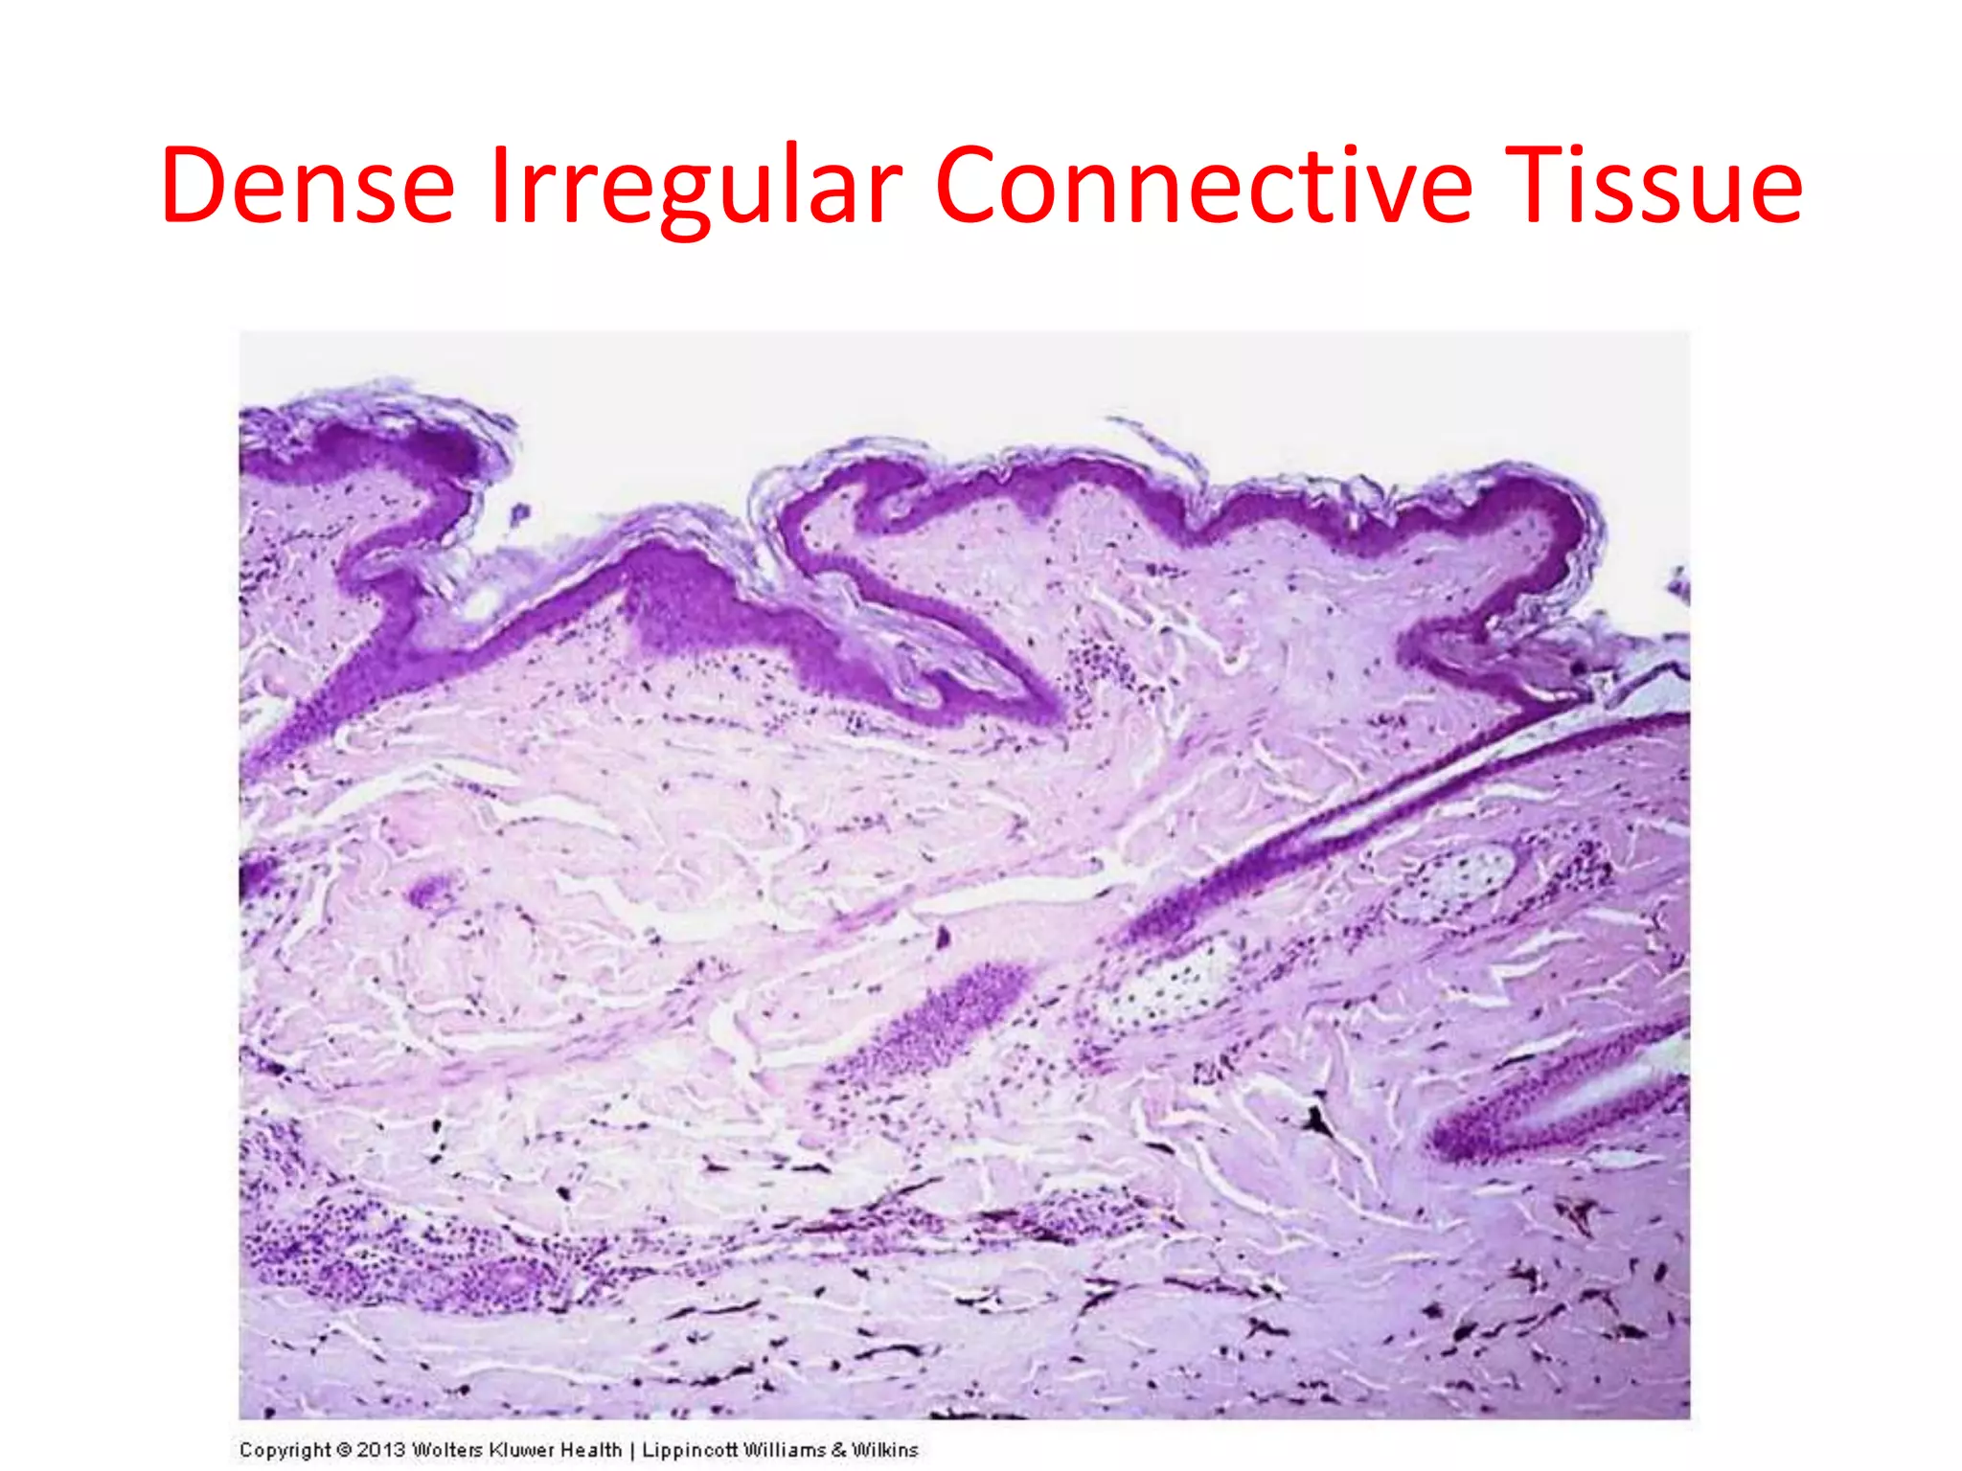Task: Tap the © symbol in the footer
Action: (344, 1450)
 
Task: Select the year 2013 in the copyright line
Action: (381, 1450)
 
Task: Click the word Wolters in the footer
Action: (447, 1450)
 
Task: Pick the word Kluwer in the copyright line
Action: (523, 1450)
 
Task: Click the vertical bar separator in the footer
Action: (632, 1450)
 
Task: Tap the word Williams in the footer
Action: (782, 1450)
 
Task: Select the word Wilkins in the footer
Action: (885, 1450)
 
